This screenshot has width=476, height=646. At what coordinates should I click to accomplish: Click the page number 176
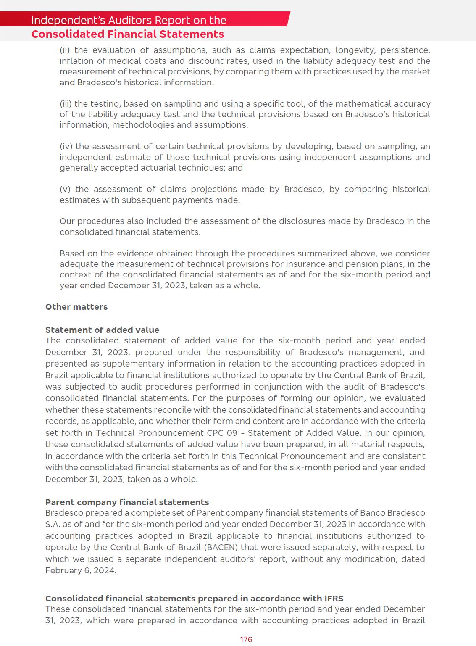pyautogui.click(x=246, y=639)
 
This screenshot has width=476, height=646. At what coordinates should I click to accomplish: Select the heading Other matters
pyautogui.click(x=76, y=307)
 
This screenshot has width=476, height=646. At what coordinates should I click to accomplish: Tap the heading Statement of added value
pyautogui.click(x=102, y=330)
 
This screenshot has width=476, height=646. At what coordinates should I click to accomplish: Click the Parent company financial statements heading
pyautogui.click(x=127, y=502)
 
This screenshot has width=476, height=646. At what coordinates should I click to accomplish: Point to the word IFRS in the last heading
pyautogui.click(x=334, y=599)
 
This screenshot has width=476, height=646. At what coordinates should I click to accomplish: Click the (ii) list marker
pyautogui.click(x=65, y=50)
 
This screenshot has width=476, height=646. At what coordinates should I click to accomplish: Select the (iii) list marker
pyautogui.click(x=66, y=104)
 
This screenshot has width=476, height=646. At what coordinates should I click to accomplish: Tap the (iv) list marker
pyautogui.click(x=66, y=146)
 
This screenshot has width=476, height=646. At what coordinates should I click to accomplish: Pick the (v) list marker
pyautogui.click(x=66, y=189)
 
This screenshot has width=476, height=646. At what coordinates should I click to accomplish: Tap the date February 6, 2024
pyautogui.click(x=80, y=570)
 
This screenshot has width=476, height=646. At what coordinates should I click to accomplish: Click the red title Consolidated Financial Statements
pyautogui.click(x=127, y=34)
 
